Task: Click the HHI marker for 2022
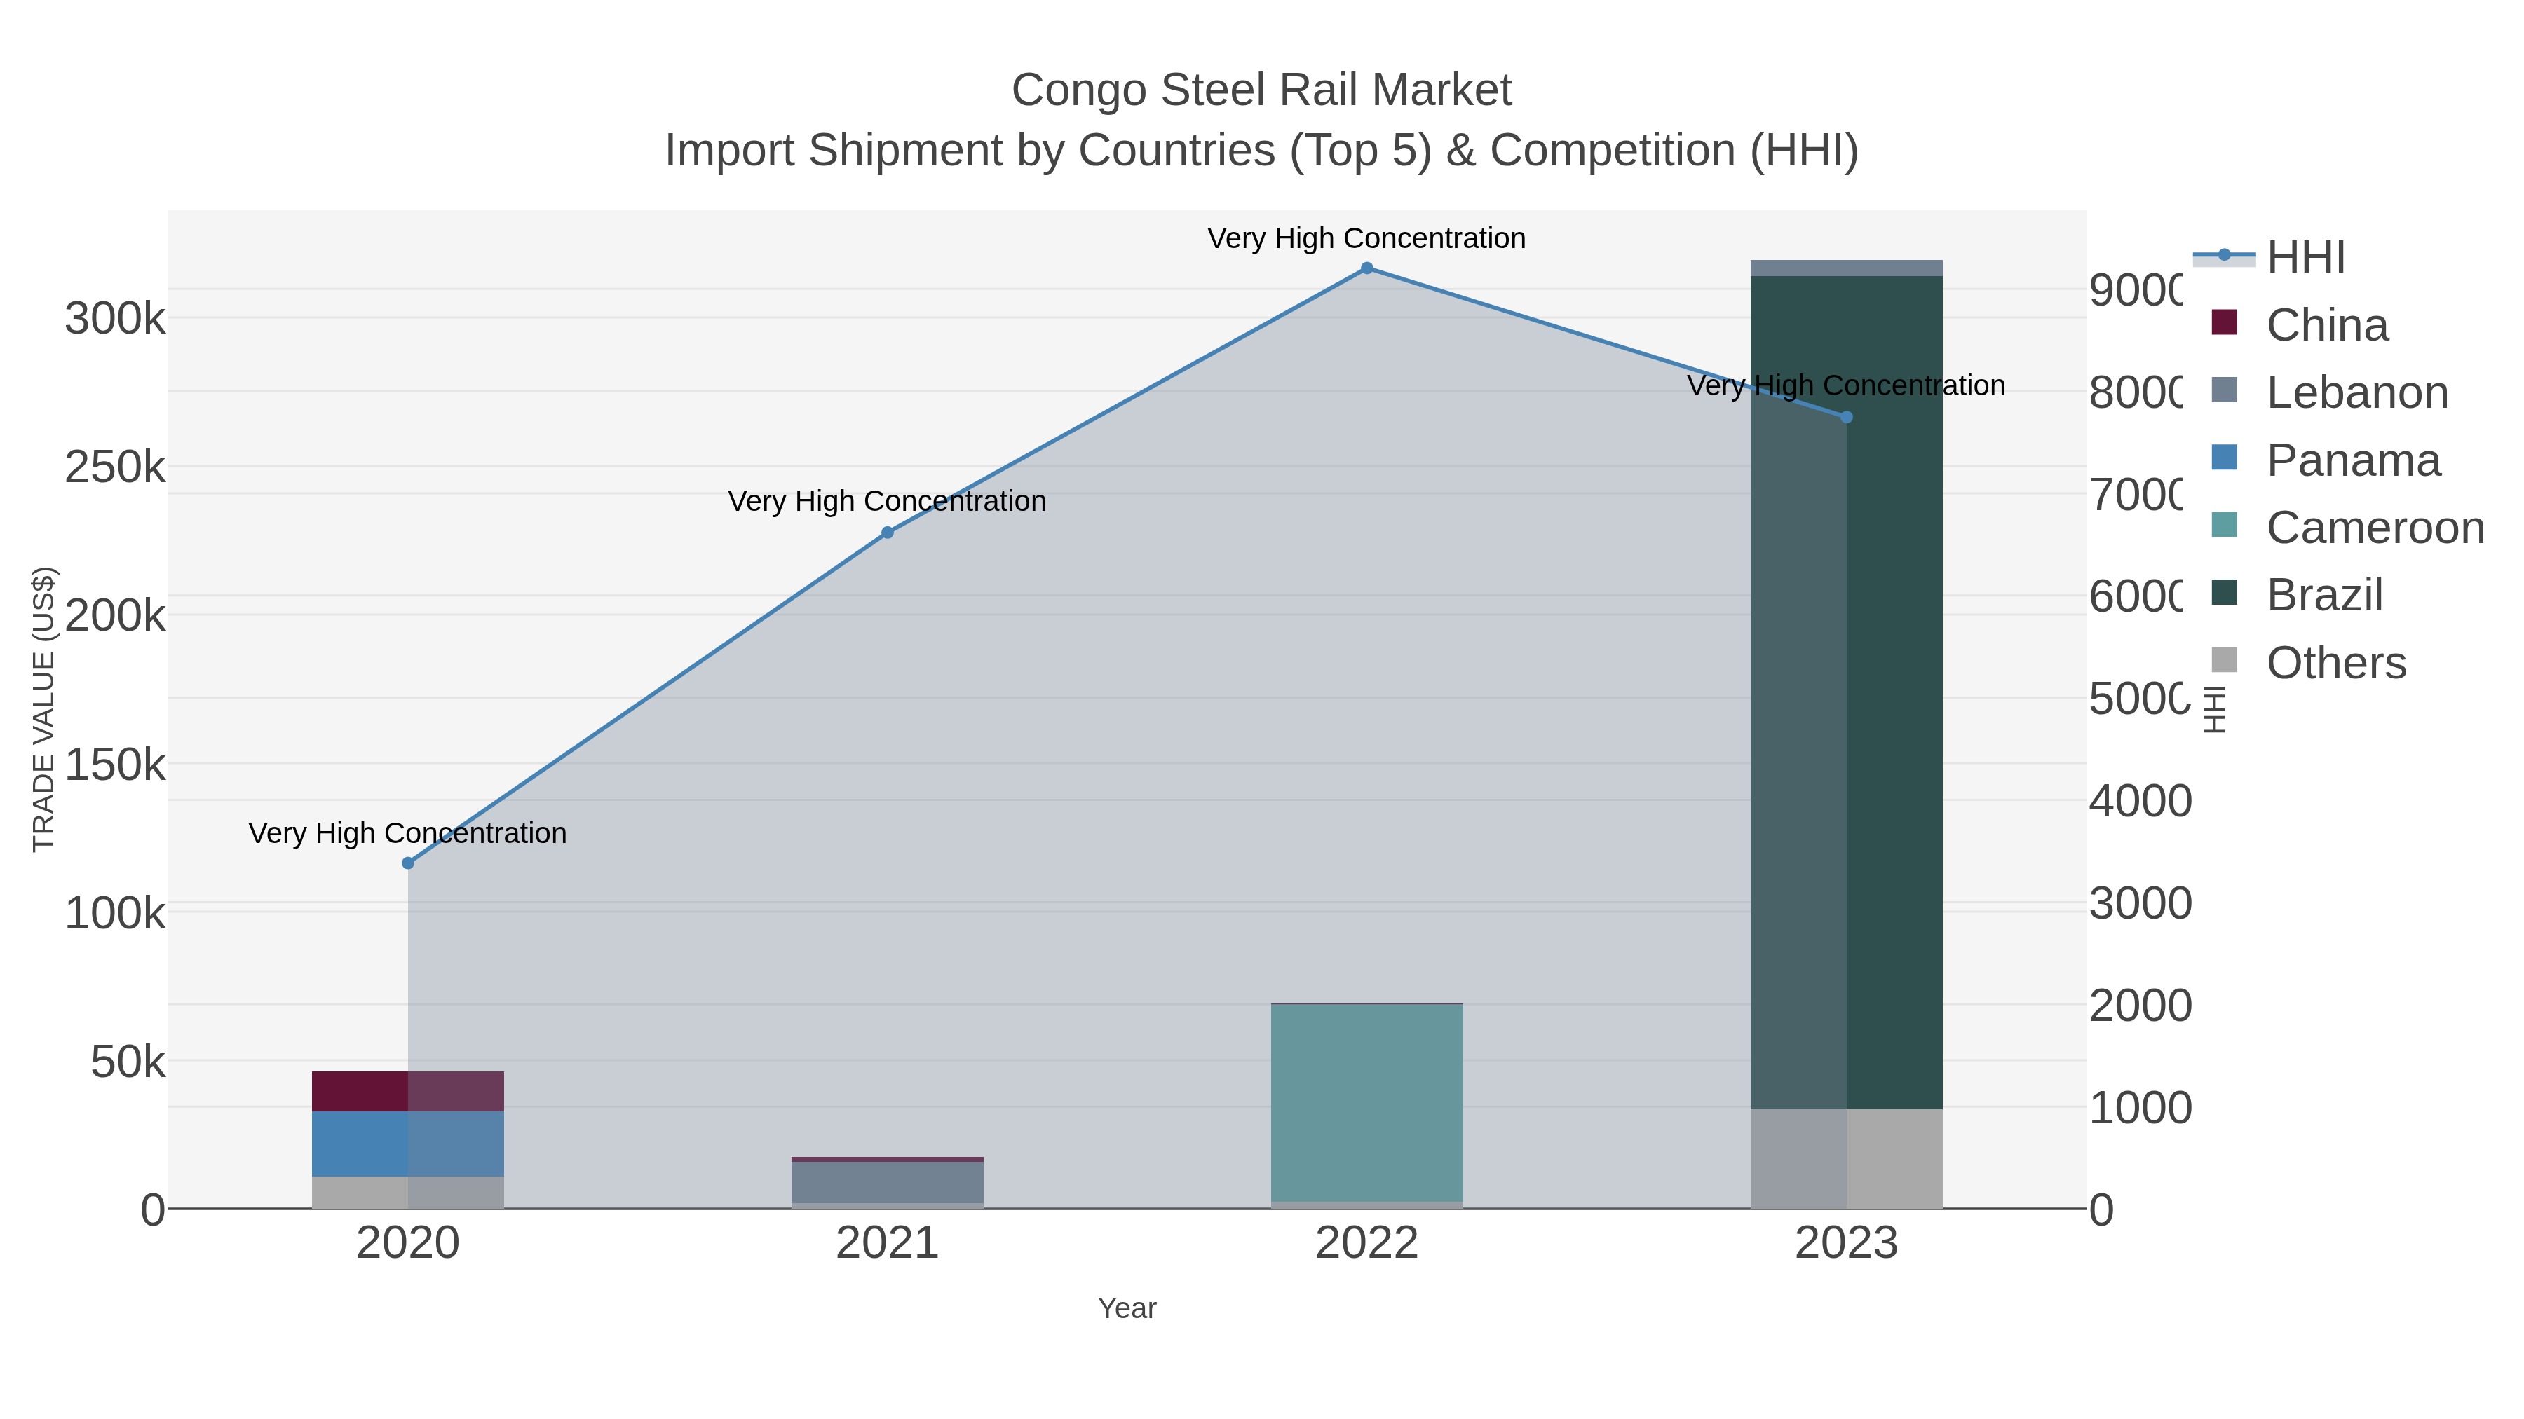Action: (x=1367, y=268)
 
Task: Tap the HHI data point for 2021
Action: (x=888, y=533)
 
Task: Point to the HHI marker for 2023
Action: (x=1846, y=417)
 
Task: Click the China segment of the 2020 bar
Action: (x=407, y=1091)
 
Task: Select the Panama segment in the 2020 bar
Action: (x=407, y=1143)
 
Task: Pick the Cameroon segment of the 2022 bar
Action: (x=1367, y=1102)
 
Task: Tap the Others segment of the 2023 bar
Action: (x=1846, y=1158)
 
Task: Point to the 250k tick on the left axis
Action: (x=116, y=468)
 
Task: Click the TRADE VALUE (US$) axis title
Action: (x=44, y=709)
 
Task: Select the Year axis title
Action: (x=1127, y=1308)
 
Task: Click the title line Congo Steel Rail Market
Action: (x=1261, y=90)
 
